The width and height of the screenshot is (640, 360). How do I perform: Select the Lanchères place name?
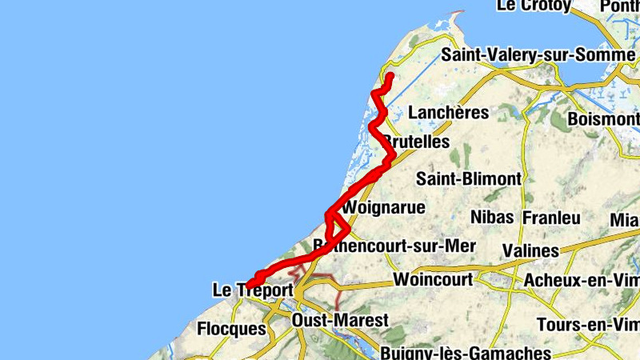click(x=448, y=112)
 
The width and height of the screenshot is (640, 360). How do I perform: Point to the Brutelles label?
click(x=417, y=142)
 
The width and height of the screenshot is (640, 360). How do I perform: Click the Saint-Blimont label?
click(x=469, y=178)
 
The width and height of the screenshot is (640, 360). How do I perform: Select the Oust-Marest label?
click(x=341, y=320)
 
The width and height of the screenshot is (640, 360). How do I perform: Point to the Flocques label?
click(x=231, y=328)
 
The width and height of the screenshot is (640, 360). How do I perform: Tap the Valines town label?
click(x=530, y=251)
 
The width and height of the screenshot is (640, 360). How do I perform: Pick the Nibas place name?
click(x=492, y=217)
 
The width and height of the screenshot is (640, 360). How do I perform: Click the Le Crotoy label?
click(x=534, y=6)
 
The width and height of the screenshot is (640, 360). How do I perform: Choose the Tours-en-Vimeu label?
click(x=588, y=324)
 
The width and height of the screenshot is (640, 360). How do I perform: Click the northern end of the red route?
click(x=390, y=76)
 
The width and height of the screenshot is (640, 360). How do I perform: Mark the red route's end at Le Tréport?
click(x=249, y=286)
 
